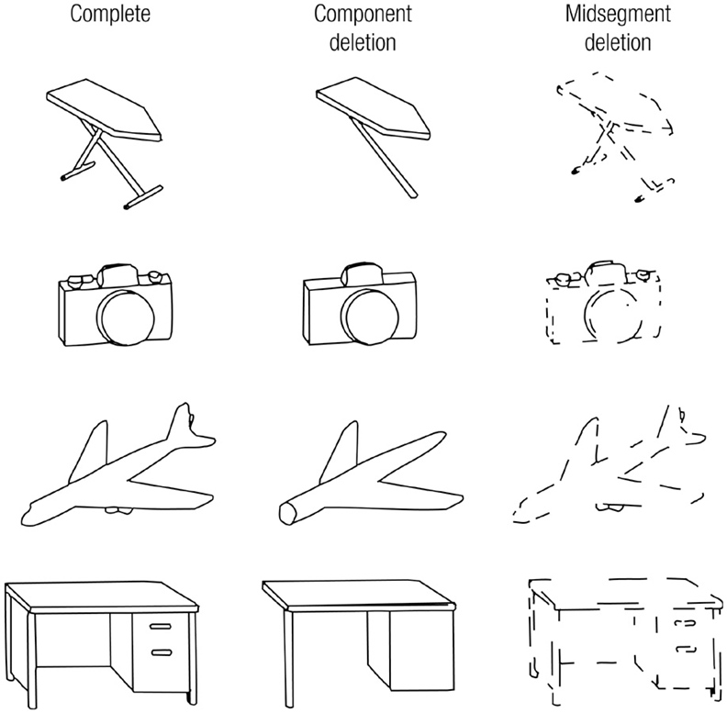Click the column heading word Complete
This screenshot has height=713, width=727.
(110, 15)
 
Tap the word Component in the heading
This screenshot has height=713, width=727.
(363, 15)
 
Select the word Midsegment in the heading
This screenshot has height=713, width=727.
(618, 15)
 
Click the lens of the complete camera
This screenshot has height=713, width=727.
(126, 317)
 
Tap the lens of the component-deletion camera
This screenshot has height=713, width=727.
(371, 318)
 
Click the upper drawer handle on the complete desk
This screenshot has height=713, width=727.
(161, 627)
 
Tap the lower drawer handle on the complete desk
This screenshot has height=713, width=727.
(162, 652)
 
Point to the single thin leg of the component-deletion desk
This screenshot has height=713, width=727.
(289, 659)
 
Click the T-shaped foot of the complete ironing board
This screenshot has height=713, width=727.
(143, 197)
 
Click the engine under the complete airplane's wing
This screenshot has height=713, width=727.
(118, 510)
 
